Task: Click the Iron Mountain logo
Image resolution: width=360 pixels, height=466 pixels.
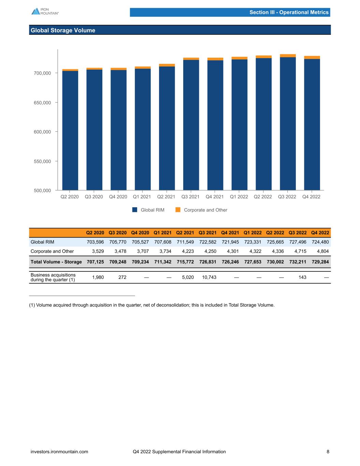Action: tap(45, 11)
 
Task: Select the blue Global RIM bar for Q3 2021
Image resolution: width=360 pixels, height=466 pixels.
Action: tap(191, 125)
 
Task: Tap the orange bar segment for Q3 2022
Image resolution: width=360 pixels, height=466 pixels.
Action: tap(288, 56)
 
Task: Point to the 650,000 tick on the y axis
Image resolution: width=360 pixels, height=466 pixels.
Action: tap(43, 102)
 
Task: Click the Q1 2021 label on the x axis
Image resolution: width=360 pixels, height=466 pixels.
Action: tap(142, 197)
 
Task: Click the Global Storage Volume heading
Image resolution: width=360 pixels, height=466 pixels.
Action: tap(63, 30)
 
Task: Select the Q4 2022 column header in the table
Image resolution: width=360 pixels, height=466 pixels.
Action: tap(320, 233)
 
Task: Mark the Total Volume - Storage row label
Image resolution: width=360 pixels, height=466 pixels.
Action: tap(56, 262)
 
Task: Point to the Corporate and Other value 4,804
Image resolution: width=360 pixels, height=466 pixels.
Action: tap(323, 251)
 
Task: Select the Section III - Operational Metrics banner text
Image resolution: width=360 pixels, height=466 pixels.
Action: tap(289, 12)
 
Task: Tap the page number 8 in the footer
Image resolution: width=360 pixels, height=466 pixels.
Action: tap(328, 452)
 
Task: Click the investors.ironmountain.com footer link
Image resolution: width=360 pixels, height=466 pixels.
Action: tap(59, 452)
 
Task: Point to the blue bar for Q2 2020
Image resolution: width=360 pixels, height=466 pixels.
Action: tap(70, 130)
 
